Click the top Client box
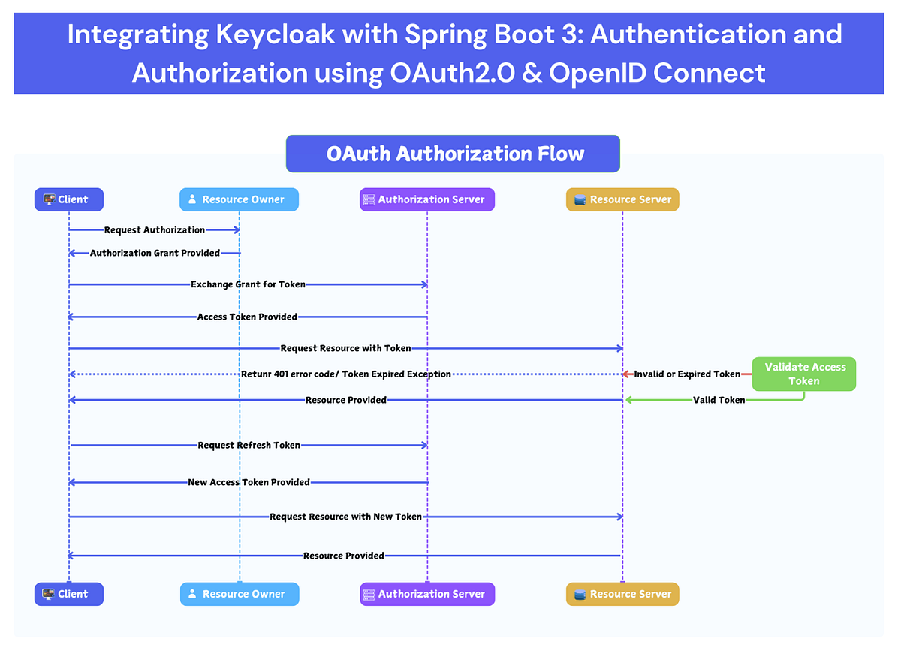coord(68,199)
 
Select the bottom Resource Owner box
coord(240,594)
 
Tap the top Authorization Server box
coord(427,199)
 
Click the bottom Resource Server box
coord(622,594)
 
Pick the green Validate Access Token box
coord(805,373)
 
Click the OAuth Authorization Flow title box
coord(453,154)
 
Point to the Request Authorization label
coord(155,230)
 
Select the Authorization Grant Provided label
coord(155,253)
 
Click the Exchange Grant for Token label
coord(248,284)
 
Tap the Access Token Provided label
coord(247,316)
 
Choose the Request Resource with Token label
coord(345,348)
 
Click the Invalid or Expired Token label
coord(687,373)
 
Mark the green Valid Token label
coord(719,400)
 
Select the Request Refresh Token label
coord(249,445)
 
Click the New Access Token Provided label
coord(249,482)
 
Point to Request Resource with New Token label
coord(345,517)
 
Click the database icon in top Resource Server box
coord(580,200)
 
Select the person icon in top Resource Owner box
coord(192,199)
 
